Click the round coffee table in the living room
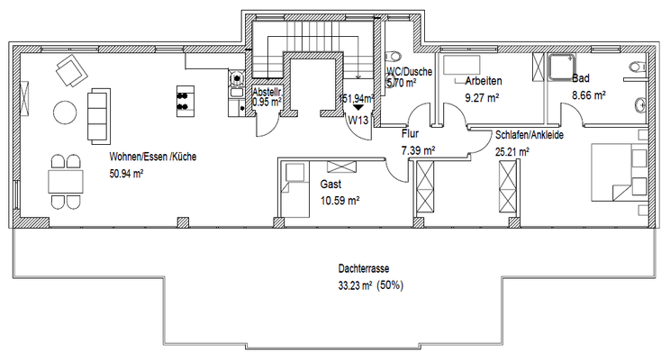(65, 112)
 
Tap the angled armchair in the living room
(68, 68)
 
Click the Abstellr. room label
(267, 92)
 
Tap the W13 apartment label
(358, 119)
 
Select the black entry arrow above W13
(358, 107)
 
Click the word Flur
(410, 133)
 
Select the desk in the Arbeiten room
(466, 63)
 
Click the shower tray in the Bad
(565, 67)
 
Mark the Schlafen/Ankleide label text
(529, 135)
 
